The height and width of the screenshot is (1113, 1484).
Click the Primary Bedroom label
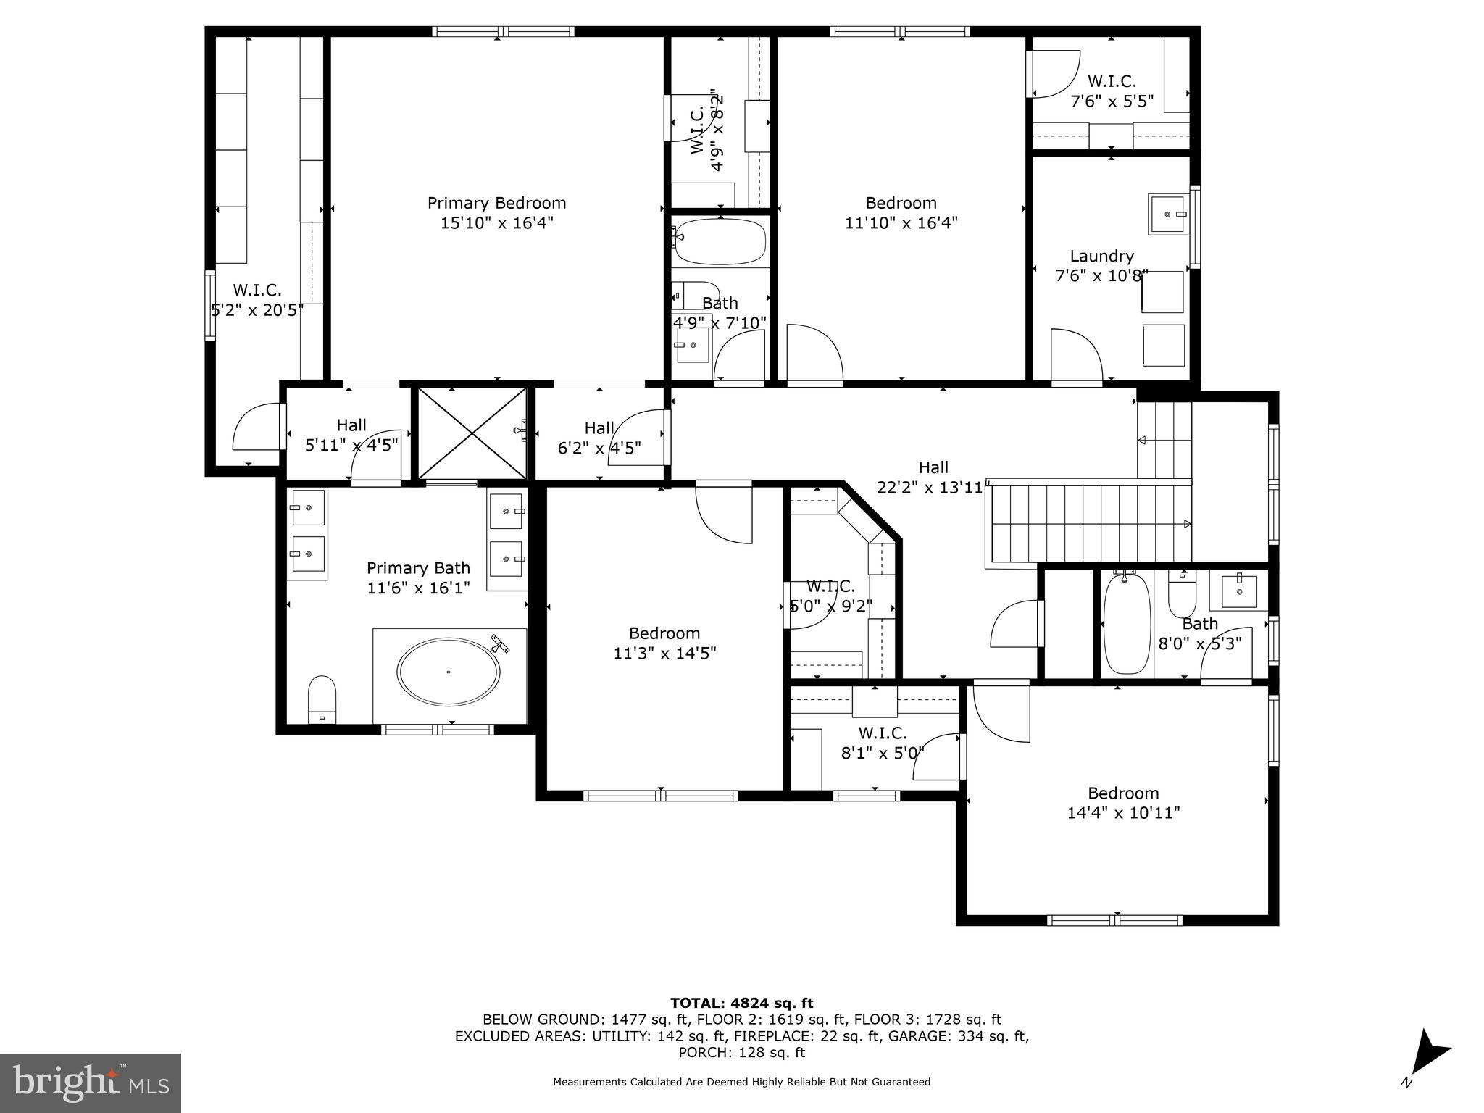(496, 203)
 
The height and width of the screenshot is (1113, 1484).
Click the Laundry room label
(1101, 256)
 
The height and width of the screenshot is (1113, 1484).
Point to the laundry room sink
(1168, 214)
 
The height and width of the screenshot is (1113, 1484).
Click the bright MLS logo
(91, 1083)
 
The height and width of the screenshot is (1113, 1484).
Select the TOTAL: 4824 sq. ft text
(741, 1003)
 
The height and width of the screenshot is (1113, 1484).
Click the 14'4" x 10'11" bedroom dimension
(1123, 813)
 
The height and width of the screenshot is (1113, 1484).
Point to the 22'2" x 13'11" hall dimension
(933, 488)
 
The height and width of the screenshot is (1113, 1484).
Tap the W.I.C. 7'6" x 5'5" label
(1112, 91)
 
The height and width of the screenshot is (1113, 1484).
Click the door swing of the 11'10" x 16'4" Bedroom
(813, 355)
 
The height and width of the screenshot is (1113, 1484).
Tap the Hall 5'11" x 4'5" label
(351, 435)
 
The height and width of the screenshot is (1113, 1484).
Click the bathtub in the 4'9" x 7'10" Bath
(719, 242)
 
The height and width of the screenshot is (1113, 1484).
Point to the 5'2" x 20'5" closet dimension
(257, 310)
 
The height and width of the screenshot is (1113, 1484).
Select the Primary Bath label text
(418, 568)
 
